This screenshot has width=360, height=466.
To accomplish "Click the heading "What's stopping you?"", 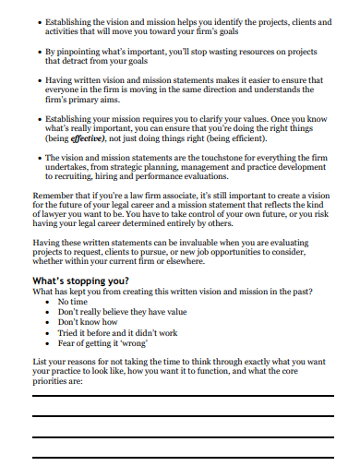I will coord(79,279).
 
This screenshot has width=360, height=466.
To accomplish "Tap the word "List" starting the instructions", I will coord(42,359).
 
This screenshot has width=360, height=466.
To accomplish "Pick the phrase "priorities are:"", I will coord(58,379).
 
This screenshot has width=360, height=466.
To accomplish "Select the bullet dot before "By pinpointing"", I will coord(37,53).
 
